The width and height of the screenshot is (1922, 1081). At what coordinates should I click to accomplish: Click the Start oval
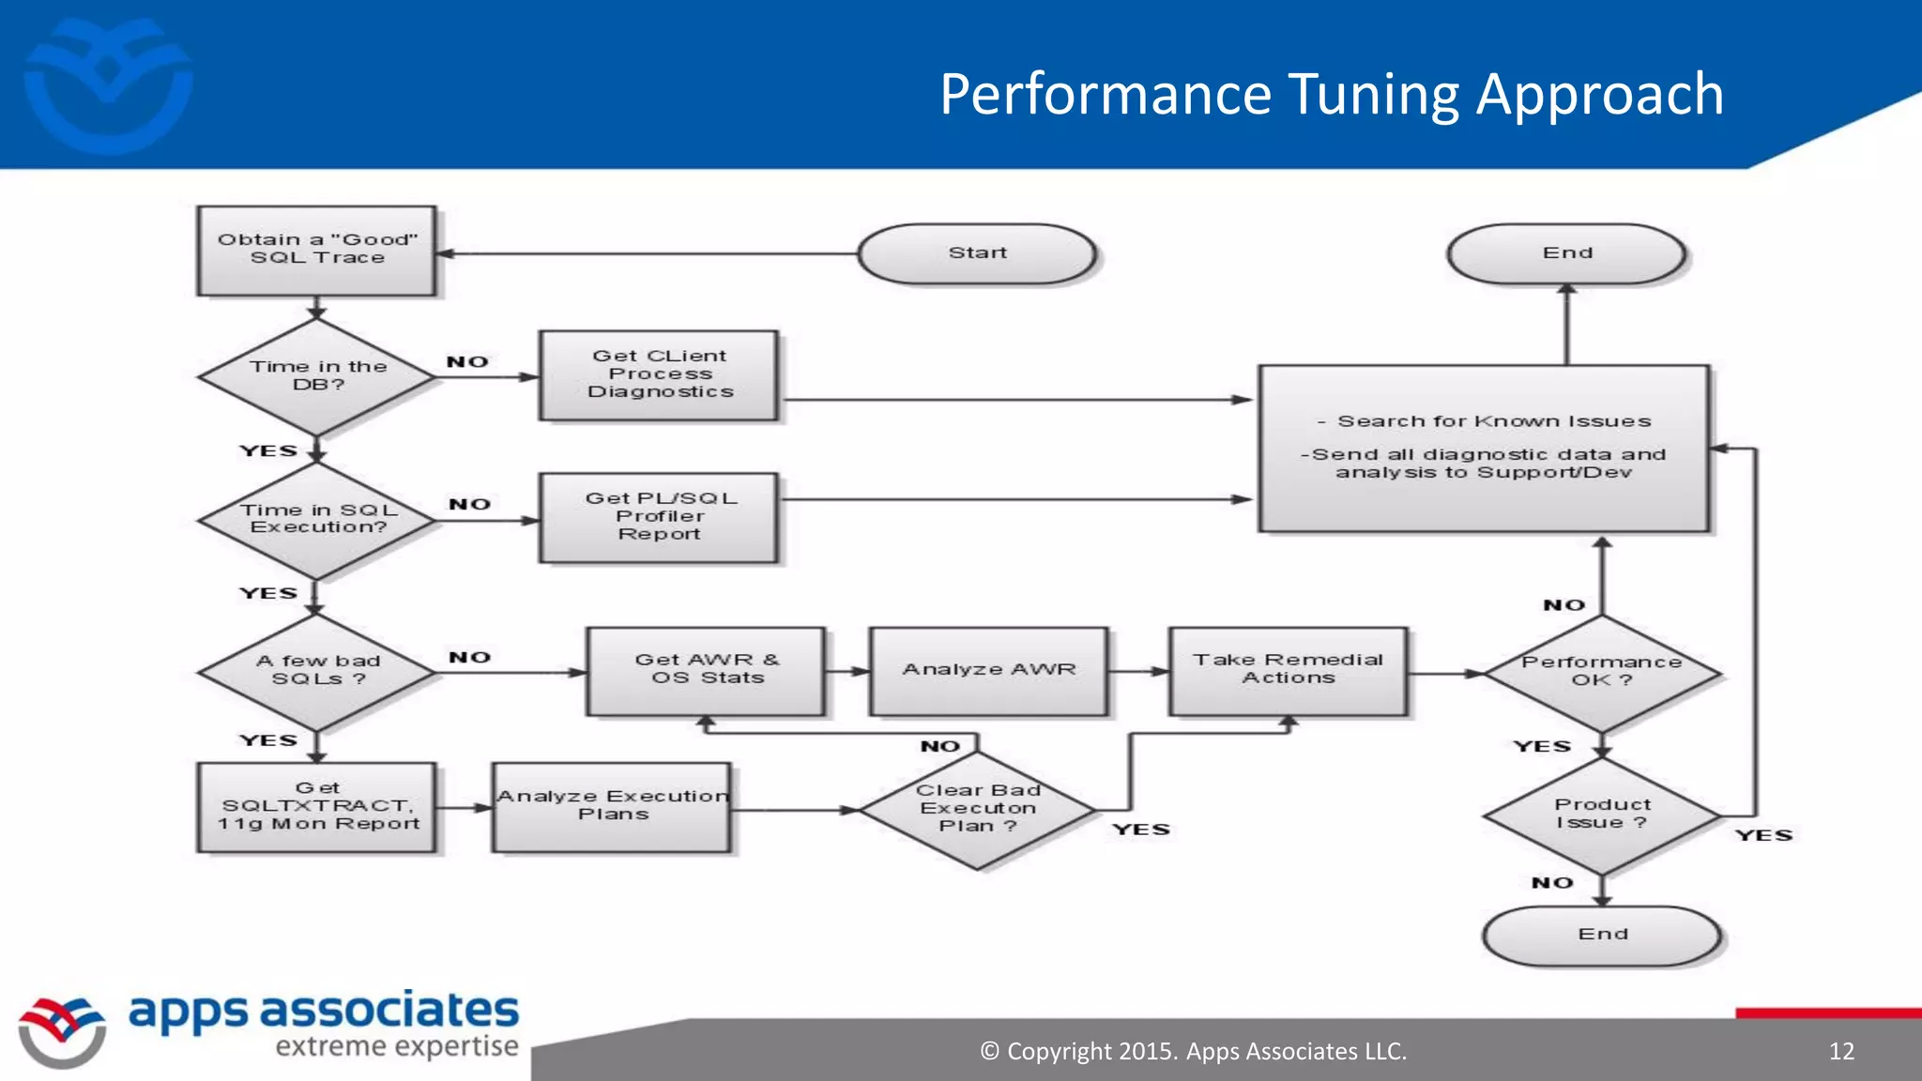pyautogui.click(x=977, y=253)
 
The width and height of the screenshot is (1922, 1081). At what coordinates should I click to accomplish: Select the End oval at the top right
pyautogui.click(x=1566, y=253)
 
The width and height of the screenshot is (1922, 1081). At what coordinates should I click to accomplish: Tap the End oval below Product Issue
pyautogui.click(x=1602, y=935)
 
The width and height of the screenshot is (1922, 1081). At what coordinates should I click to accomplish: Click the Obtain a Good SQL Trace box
pyautogui.click(x=317, y=251)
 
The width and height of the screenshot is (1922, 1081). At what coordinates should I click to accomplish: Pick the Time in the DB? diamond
pyautogui.click(x=317, y=376)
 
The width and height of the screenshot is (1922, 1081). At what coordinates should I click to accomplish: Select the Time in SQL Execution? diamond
pyautogui.click(x=317, y=519)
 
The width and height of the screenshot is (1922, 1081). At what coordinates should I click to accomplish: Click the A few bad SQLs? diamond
pyautogui.click(x=317, y=671)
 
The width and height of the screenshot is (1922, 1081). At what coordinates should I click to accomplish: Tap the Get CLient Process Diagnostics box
pyautogui.click(x=659, y=374)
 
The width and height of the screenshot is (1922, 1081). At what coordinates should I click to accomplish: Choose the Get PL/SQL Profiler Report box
pyautogui.click(x=659, y=517)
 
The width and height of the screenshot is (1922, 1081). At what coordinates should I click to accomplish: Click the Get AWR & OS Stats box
pyautogui.click(x=707, y=670)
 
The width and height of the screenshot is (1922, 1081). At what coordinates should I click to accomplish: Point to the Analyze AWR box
pyautogui.click(x=988, y=670)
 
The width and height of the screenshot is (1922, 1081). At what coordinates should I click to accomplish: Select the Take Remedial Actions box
pyautogui.click(x=1288, y=670)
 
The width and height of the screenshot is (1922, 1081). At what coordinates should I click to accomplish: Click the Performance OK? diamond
pyautogui.click(x=1602, y=672)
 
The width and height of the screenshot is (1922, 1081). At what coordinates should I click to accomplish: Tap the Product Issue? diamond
pyautogui.click(x=1602, y=815)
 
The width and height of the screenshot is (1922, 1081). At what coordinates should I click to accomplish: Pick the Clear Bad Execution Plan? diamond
pyautogui.click(x=977, y=809)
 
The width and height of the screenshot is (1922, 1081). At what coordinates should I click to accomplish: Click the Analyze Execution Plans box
pyautogui.click(x=612, y=806)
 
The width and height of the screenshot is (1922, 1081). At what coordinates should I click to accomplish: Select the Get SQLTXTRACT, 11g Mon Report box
pyautogui.click(x=317, y=806)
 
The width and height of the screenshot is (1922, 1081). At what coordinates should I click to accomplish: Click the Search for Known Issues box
pyautogui.click(x=1483, y=448)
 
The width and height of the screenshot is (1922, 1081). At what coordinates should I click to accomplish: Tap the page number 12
pyautogui.click(x=1841, y=1051)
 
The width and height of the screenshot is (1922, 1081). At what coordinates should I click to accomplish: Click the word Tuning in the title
pyautogui.click(x=1373, y=95)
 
